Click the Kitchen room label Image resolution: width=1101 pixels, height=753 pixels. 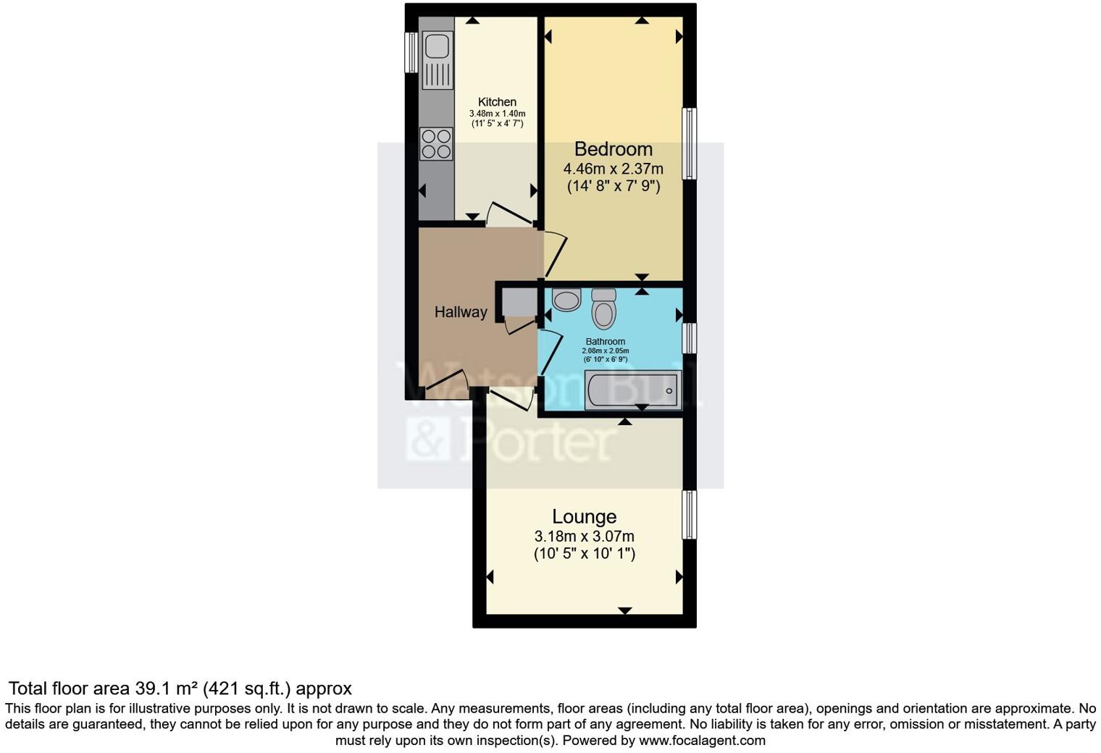(x=497, y=102)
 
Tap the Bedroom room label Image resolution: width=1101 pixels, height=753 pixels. (x=613, y=149)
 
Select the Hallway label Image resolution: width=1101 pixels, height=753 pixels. (x=461, y=312)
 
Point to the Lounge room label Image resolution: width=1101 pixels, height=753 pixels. (x=584, y=517)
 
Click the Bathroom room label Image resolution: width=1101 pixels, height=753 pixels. (x=605, y=342)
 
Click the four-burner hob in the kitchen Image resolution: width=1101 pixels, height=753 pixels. (x=436, y=143)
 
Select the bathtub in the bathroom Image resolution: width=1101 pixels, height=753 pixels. (x=633, y=390)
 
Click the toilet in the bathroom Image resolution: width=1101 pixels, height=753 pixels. (x=603, y=309)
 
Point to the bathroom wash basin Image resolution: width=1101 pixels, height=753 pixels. (x=566, y=298)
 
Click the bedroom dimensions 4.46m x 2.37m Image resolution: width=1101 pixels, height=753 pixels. (x=613, y=169)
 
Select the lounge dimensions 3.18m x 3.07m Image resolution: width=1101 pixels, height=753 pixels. (x=584, y=537)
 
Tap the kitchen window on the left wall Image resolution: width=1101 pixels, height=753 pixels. (x=411, y=52)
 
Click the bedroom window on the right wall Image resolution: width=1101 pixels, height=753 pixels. (x=690, y=143)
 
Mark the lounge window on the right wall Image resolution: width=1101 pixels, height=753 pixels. (x=690, y=515)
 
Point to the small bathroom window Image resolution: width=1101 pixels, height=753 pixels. (x=690, y=338)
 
